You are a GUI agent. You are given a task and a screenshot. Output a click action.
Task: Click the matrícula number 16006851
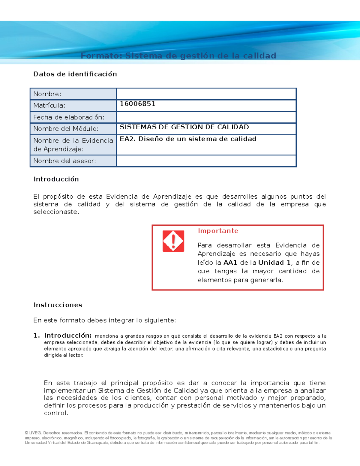137,104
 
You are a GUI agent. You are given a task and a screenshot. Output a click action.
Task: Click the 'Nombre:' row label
47,94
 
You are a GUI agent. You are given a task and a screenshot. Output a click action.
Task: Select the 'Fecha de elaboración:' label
69,117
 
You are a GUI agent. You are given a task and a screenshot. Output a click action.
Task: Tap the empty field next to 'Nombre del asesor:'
206,161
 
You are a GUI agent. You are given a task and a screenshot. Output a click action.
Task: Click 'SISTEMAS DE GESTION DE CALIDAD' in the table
184,127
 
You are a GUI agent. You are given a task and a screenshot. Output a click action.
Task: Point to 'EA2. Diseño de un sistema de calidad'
188,139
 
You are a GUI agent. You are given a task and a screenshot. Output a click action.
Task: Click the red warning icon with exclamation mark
173,241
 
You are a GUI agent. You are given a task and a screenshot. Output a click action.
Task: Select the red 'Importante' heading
218,231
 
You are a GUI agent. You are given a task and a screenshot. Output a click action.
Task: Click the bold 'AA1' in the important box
230,263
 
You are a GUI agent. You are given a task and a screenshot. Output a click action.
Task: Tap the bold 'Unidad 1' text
274,263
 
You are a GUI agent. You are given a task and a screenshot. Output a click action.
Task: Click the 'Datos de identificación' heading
75,74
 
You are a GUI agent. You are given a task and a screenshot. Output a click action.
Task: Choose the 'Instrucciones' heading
58,305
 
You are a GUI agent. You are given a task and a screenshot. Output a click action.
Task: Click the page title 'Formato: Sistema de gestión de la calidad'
178,56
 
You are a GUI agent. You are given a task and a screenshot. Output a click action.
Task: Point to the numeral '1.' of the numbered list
37,335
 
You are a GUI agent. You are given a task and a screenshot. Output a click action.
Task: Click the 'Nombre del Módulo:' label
66,129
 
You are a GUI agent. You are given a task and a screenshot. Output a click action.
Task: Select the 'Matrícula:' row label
49,105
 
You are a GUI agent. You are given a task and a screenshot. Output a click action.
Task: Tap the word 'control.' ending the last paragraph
56,413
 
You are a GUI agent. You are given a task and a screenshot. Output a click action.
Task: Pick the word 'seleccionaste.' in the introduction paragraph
56,212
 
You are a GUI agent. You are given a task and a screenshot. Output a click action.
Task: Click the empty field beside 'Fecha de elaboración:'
206,117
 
